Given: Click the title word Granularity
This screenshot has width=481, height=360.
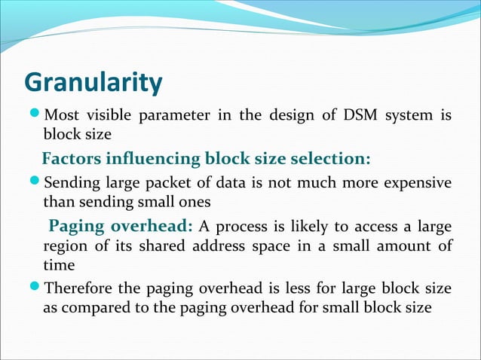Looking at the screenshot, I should tap(93, 83).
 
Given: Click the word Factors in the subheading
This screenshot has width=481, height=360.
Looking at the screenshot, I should tap(71, 159).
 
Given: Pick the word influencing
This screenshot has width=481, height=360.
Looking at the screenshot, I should tap(152, 159).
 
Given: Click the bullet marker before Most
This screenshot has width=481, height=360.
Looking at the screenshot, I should tap(34, 116).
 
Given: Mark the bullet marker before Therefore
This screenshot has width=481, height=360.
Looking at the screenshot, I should tap(34, 289).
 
